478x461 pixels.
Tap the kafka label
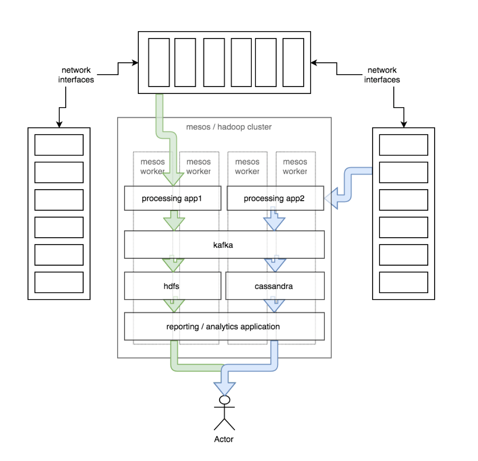223,245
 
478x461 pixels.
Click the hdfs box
171,286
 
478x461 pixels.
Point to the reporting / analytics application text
223,327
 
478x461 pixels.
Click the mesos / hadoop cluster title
229,127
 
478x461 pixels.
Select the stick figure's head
225,400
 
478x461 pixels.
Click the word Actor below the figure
224,439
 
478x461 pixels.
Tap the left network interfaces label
76,75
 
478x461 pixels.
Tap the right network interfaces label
382,75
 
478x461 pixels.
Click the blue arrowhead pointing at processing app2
332,198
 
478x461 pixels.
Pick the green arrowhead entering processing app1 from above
173,179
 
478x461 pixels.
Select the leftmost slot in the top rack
159,62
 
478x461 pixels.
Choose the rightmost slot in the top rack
293,62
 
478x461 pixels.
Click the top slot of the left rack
59,145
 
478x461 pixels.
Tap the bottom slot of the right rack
404,282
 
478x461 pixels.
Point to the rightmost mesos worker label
295,167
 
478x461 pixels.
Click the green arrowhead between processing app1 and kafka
174,223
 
